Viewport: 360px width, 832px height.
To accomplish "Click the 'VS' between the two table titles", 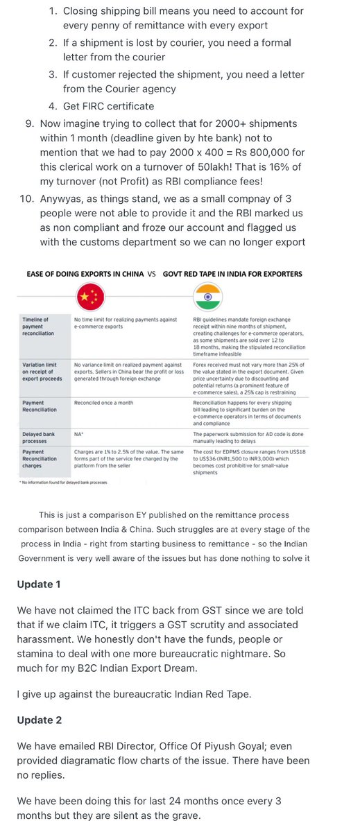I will (151, 274).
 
